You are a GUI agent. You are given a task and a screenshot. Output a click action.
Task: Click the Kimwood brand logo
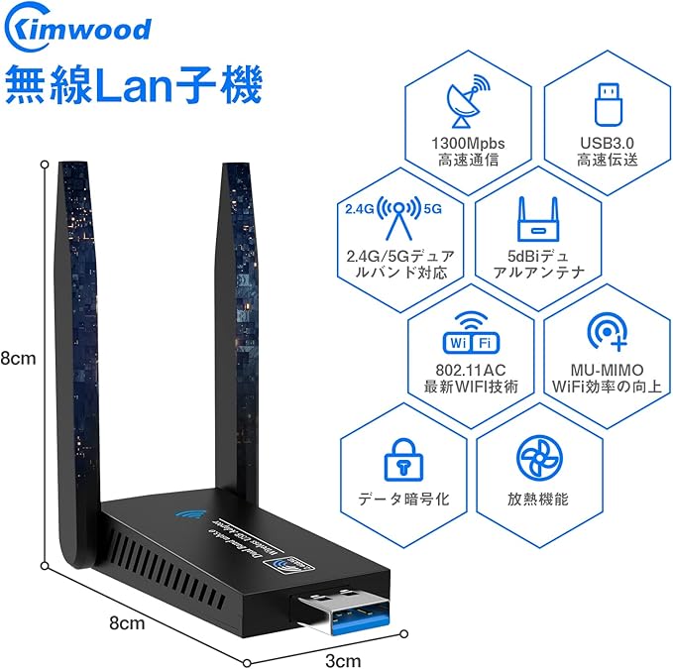[x=78, y=28]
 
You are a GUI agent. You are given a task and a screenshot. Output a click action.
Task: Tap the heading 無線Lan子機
[x=135, y=85]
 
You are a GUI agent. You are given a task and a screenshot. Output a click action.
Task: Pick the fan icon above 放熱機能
[x=539, y=457]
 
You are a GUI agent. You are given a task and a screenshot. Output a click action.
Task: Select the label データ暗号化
[x=402, y=500]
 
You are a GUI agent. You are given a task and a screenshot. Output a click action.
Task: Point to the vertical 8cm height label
[x=18, y=359]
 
